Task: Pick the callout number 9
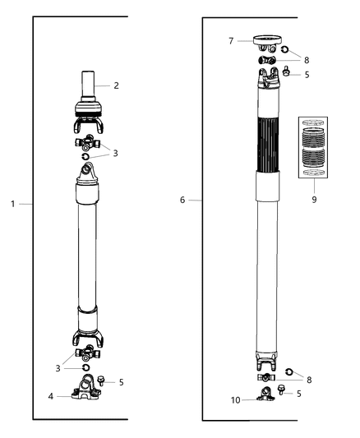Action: pyautogui.click(x=314, y=198)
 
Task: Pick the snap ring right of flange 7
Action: pyautogui.click(x=284, y=48)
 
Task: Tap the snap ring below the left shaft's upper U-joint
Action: pyautogui.click(x=85, y=156)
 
